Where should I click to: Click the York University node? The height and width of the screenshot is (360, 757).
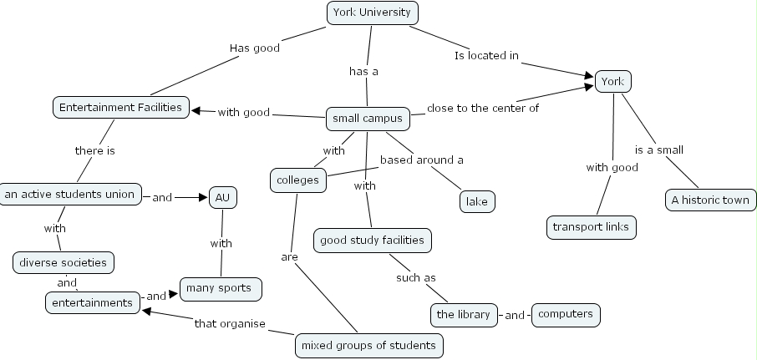pos(371,13)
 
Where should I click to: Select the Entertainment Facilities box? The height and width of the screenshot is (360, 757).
pos(120,108)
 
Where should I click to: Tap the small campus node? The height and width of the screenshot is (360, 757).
pos(368,119)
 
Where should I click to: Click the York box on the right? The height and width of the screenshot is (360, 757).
pos(612,81)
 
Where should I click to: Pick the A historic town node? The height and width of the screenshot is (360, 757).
pos(711,200)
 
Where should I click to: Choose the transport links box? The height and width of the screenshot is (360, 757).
pos(592,226)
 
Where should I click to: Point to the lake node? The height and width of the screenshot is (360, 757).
pos(477,200)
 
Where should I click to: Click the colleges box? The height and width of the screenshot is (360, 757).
pos(298,180)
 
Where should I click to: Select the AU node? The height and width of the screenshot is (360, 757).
pos(222,198)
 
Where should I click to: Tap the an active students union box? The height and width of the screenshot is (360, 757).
pos(69,194)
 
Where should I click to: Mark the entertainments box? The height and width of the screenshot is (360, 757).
pos(93,302)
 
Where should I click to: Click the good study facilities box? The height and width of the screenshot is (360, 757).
pos(373,241)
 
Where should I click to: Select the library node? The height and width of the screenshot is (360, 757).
pos(464,315)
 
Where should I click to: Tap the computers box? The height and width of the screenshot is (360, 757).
pos(566,314)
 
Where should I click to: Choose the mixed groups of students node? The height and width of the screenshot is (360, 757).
pos(368,345)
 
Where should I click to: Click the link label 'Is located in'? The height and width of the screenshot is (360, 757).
pos(486,56)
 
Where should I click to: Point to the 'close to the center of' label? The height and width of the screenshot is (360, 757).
pos(483,108)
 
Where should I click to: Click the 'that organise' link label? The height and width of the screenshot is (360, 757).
pos(230,323)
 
